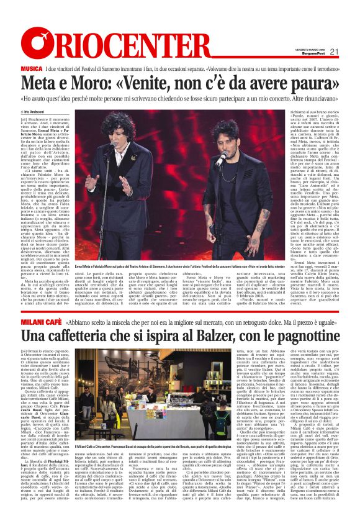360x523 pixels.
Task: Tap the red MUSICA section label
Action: tap(32, 67)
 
